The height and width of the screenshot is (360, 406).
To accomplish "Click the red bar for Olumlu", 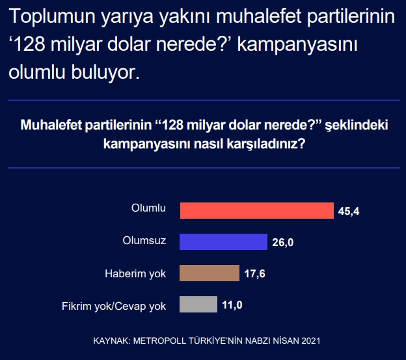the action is (257, 210).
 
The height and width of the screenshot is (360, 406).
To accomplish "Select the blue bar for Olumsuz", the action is (223, 242).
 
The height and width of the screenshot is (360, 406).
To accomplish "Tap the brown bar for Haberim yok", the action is (210, 273).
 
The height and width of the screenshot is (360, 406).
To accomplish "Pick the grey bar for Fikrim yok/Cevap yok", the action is (198, 304).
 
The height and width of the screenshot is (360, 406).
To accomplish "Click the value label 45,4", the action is (349, 212).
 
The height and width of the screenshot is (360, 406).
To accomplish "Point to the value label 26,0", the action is (283, 243).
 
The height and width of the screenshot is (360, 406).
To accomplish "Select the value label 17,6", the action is (255, 274).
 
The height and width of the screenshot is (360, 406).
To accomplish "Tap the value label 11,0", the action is (232, 305).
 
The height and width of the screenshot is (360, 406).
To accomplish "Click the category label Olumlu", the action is (148, 208).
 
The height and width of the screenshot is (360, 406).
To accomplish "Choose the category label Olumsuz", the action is (144, 241).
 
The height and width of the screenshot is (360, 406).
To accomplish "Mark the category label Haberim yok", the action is (135, 274).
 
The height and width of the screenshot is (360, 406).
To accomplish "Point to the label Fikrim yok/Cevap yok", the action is (114, 307).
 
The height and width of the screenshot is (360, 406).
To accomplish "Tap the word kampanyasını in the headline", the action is (297, 45).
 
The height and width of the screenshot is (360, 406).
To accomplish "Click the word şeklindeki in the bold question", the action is (357, 126).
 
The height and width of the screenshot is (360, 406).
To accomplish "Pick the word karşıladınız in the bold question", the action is (263, 144).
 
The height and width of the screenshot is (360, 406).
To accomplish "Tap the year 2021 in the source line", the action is (311, 340).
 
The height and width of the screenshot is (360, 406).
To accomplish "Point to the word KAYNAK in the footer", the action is (111, 340).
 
